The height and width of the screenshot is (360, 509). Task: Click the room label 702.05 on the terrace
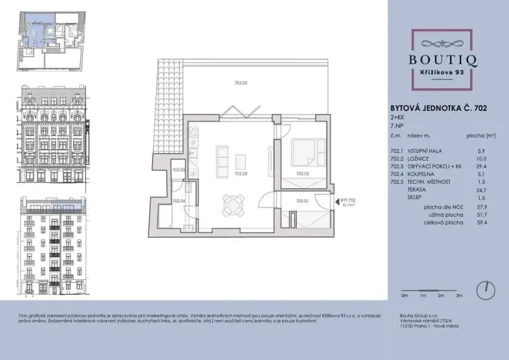click(x=240, y=82)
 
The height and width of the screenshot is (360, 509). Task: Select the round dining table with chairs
click(x=232, y=205)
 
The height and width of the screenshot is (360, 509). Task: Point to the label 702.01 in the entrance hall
click(x=302, y=202)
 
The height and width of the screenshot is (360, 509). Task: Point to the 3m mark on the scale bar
click(x=459, y=295)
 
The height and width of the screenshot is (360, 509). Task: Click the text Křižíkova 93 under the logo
click(x=446, y=72)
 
